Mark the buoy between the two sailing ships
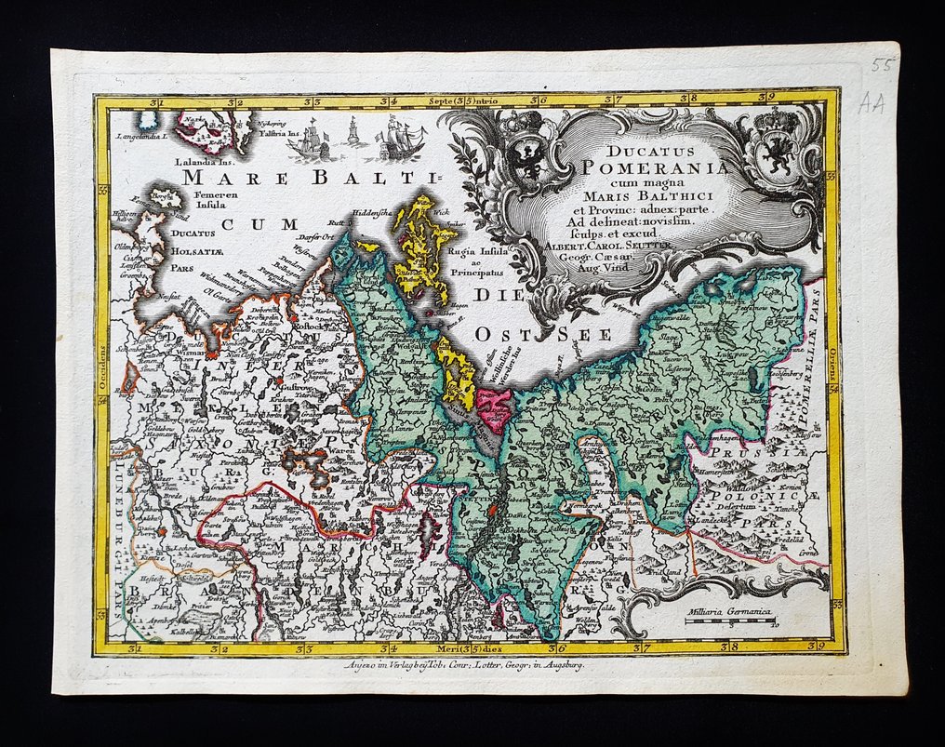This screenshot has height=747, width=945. [x=353, y=136]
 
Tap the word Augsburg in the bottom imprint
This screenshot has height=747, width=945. [x=553, y=667]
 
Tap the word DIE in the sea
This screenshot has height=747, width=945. [x=501, y=296]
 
